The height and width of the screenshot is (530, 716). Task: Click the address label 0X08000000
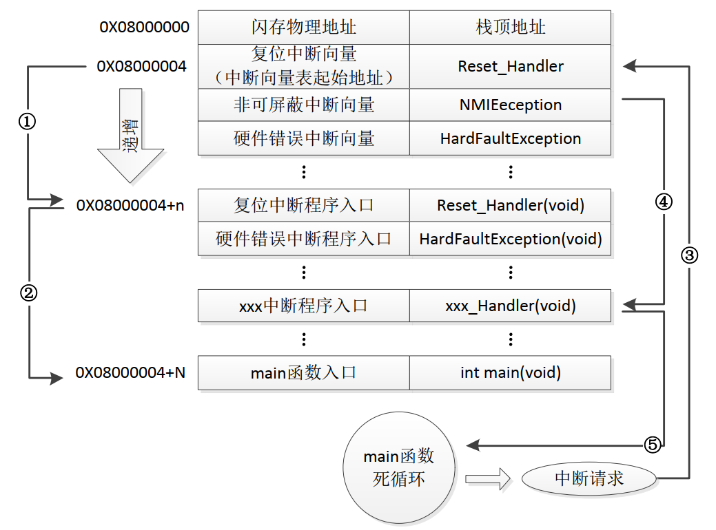144,28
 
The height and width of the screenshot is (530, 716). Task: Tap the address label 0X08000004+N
131,372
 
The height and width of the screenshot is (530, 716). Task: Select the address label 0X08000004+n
130,205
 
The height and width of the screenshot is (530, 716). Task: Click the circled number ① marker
27,121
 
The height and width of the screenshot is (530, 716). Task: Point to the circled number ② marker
28,293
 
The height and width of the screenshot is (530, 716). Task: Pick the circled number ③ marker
690,255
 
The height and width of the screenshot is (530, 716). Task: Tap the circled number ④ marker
664,202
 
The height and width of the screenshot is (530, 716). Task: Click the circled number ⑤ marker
653,444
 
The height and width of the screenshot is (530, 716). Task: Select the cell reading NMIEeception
510,105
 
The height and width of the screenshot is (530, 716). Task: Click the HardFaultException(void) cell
510,239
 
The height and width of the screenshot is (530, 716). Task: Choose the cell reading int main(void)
510,372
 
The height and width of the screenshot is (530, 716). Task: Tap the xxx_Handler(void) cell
510,306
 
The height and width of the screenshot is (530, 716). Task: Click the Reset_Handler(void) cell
510,205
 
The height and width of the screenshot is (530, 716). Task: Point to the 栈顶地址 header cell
510,28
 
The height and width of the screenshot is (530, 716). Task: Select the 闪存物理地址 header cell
304,28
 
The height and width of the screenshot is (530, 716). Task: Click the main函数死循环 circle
399,467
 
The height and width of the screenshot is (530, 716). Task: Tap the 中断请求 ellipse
589,478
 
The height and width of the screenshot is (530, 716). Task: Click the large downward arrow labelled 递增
131,136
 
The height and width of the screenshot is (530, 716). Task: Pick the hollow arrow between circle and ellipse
488,479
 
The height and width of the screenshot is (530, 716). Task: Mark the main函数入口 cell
304,372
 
